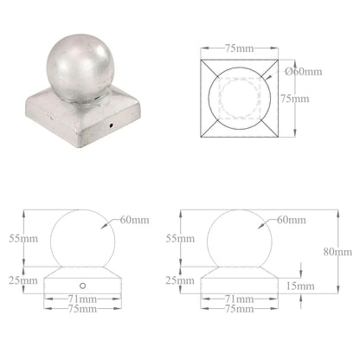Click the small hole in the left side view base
tap(82, 285)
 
